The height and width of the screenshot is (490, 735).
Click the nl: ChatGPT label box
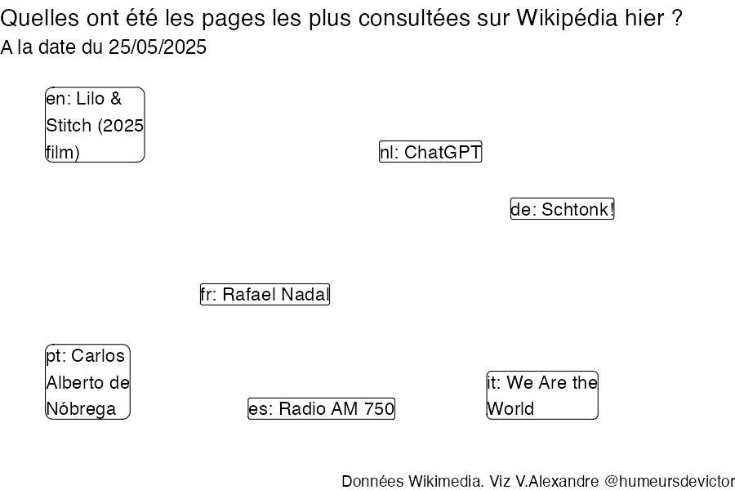pos(430,152)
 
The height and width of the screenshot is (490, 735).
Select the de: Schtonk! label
pos(562,209)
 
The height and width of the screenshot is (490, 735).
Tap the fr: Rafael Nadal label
pos(265,295)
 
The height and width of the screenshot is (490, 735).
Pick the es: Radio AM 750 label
pos(321,408)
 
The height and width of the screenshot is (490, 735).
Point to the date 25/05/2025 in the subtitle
pos(158,47)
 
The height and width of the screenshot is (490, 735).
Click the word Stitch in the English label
pos(69,126)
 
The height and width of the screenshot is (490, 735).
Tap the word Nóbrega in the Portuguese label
pos(81,409)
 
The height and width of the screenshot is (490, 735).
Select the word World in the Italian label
pos(510,409)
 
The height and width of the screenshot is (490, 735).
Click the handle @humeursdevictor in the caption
pos(670,481)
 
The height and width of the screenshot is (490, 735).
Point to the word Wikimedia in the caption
pos(446,481)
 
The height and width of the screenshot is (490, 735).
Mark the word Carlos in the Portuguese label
pos(98,356)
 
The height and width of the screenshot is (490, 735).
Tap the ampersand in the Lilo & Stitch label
pos(116,99)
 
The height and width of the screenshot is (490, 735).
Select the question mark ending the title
pos(676,18)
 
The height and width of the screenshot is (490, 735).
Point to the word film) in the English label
pos(63,153)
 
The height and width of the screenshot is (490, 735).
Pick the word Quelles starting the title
pos(40,18)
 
